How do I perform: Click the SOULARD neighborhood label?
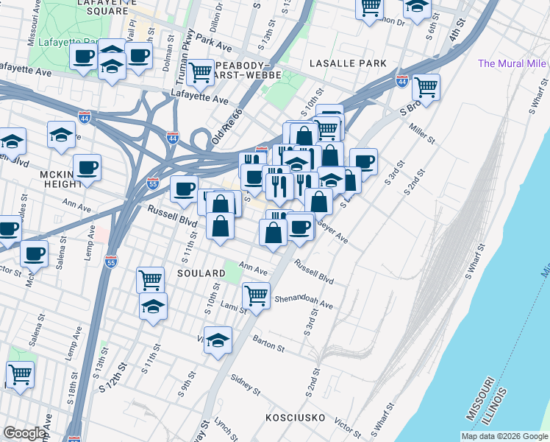(x=201, y=273)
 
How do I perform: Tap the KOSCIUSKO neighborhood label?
(x=295, y=418)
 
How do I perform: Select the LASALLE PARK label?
(x=348, y=64)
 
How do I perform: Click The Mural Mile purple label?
(x=512, y=64)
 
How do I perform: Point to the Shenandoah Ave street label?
(x=304, y=303)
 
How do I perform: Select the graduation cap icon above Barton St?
(x=218, y=340)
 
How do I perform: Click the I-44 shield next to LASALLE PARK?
(x=402, y=79)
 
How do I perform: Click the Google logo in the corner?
(x=24, y=433)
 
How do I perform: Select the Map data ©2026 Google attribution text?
(x=504, y=436)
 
